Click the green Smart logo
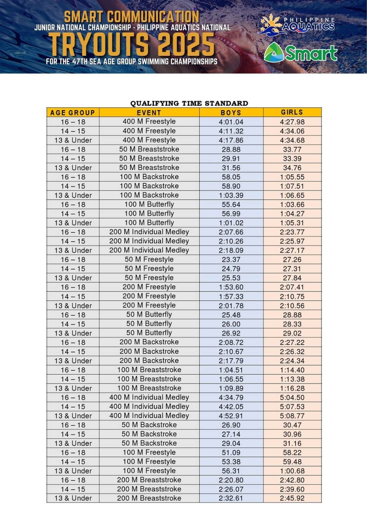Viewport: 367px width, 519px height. (x=300, y=53)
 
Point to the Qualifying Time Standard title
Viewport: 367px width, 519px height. (x=189, y=103)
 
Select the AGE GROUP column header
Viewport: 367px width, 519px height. (x=73, y=112)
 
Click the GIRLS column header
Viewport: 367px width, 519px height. (x=292, y=112)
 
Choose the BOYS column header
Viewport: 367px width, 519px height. (x=231, y=112)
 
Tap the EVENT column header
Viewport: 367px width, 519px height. (x=149, y=112)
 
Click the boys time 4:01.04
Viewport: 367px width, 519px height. (x=231, y=122)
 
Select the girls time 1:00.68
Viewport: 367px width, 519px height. (x=292, y=471)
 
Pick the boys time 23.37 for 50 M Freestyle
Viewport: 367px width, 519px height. (x=231, y=260)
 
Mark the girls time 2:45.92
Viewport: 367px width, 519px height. (x=292, y=498)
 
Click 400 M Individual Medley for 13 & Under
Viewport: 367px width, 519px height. (x=149, y=415)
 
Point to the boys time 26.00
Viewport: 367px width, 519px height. (x=231, y=324)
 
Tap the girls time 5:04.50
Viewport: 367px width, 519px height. (x=292, y=398)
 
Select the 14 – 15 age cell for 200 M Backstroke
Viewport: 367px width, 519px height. (x=73, y=351)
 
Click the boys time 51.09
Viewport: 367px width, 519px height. (x=231, y=452)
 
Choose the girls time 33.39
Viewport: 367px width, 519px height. (x=292, y=159)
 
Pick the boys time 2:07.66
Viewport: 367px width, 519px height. (x=231, y=232)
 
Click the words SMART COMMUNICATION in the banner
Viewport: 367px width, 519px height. (x=132, y=17)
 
